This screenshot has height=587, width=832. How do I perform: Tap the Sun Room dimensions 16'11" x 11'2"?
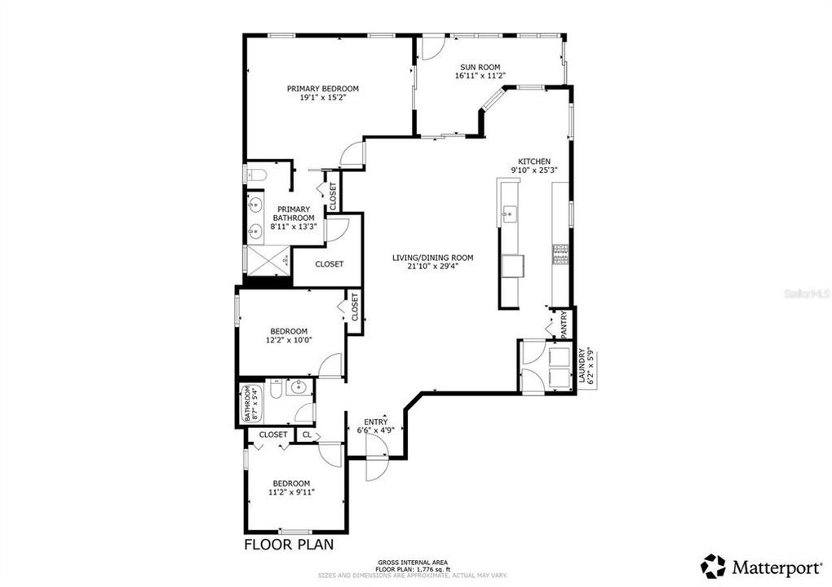click(x=480, y=76)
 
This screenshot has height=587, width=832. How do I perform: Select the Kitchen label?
click(x=534, y=161)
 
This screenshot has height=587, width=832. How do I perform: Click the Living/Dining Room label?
click(x=432, y=258)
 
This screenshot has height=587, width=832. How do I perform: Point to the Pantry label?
click(x=564, y=324)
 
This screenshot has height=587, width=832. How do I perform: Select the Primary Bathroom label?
click(x=293, y=214)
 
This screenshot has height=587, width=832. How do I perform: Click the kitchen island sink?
click(x=511, y=214)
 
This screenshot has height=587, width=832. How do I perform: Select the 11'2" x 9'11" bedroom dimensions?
click(x=291, y=492)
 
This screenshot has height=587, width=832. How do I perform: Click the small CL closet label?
click(x=307, y=435)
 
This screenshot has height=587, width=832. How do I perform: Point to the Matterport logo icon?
click(x=713, y=566)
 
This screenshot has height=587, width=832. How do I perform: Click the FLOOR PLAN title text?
click(x=289, y=545)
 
